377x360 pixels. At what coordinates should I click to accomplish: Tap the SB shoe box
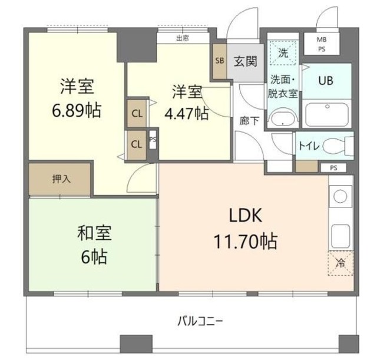tap(220, 61)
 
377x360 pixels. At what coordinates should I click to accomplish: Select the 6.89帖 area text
tap(77, 110)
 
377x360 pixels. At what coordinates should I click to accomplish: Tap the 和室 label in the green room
tap(94, 233)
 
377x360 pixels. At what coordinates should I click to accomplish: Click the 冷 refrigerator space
tap(340, 264)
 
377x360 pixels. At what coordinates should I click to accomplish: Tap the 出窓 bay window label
tap(183, 38)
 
